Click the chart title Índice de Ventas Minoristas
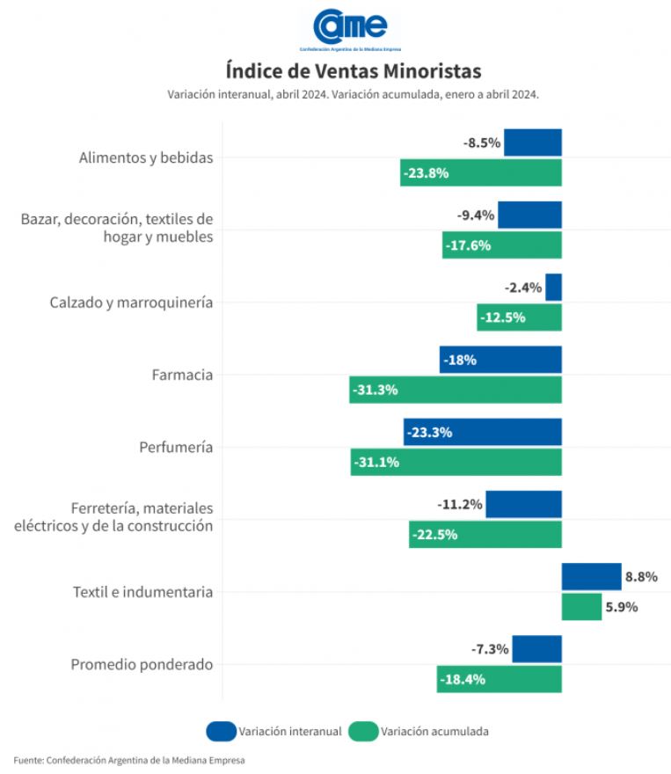tap(353, 69)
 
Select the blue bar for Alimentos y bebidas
tap(532, 142)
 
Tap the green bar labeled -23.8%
tap(480, 172)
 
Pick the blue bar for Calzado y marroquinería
tap(553, 287)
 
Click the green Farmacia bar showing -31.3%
tap(455, 390)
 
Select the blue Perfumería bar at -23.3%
tap(482, 432)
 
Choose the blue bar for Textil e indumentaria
tap(591, 577)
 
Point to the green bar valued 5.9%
tap(581, 607)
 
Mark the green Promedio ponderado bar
tap(499, 679)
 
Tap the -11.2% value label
tap(460, 505)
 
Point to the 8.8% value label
tap(641, 577)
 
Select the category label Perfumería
tap(176, 447)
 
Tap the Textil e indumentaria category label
tap(142, 592)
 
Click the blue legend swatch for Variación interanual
tap(221, 730)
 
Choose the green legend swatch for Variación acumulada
tap(363, 730)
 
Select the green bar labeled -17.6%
tap(501, 245)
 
